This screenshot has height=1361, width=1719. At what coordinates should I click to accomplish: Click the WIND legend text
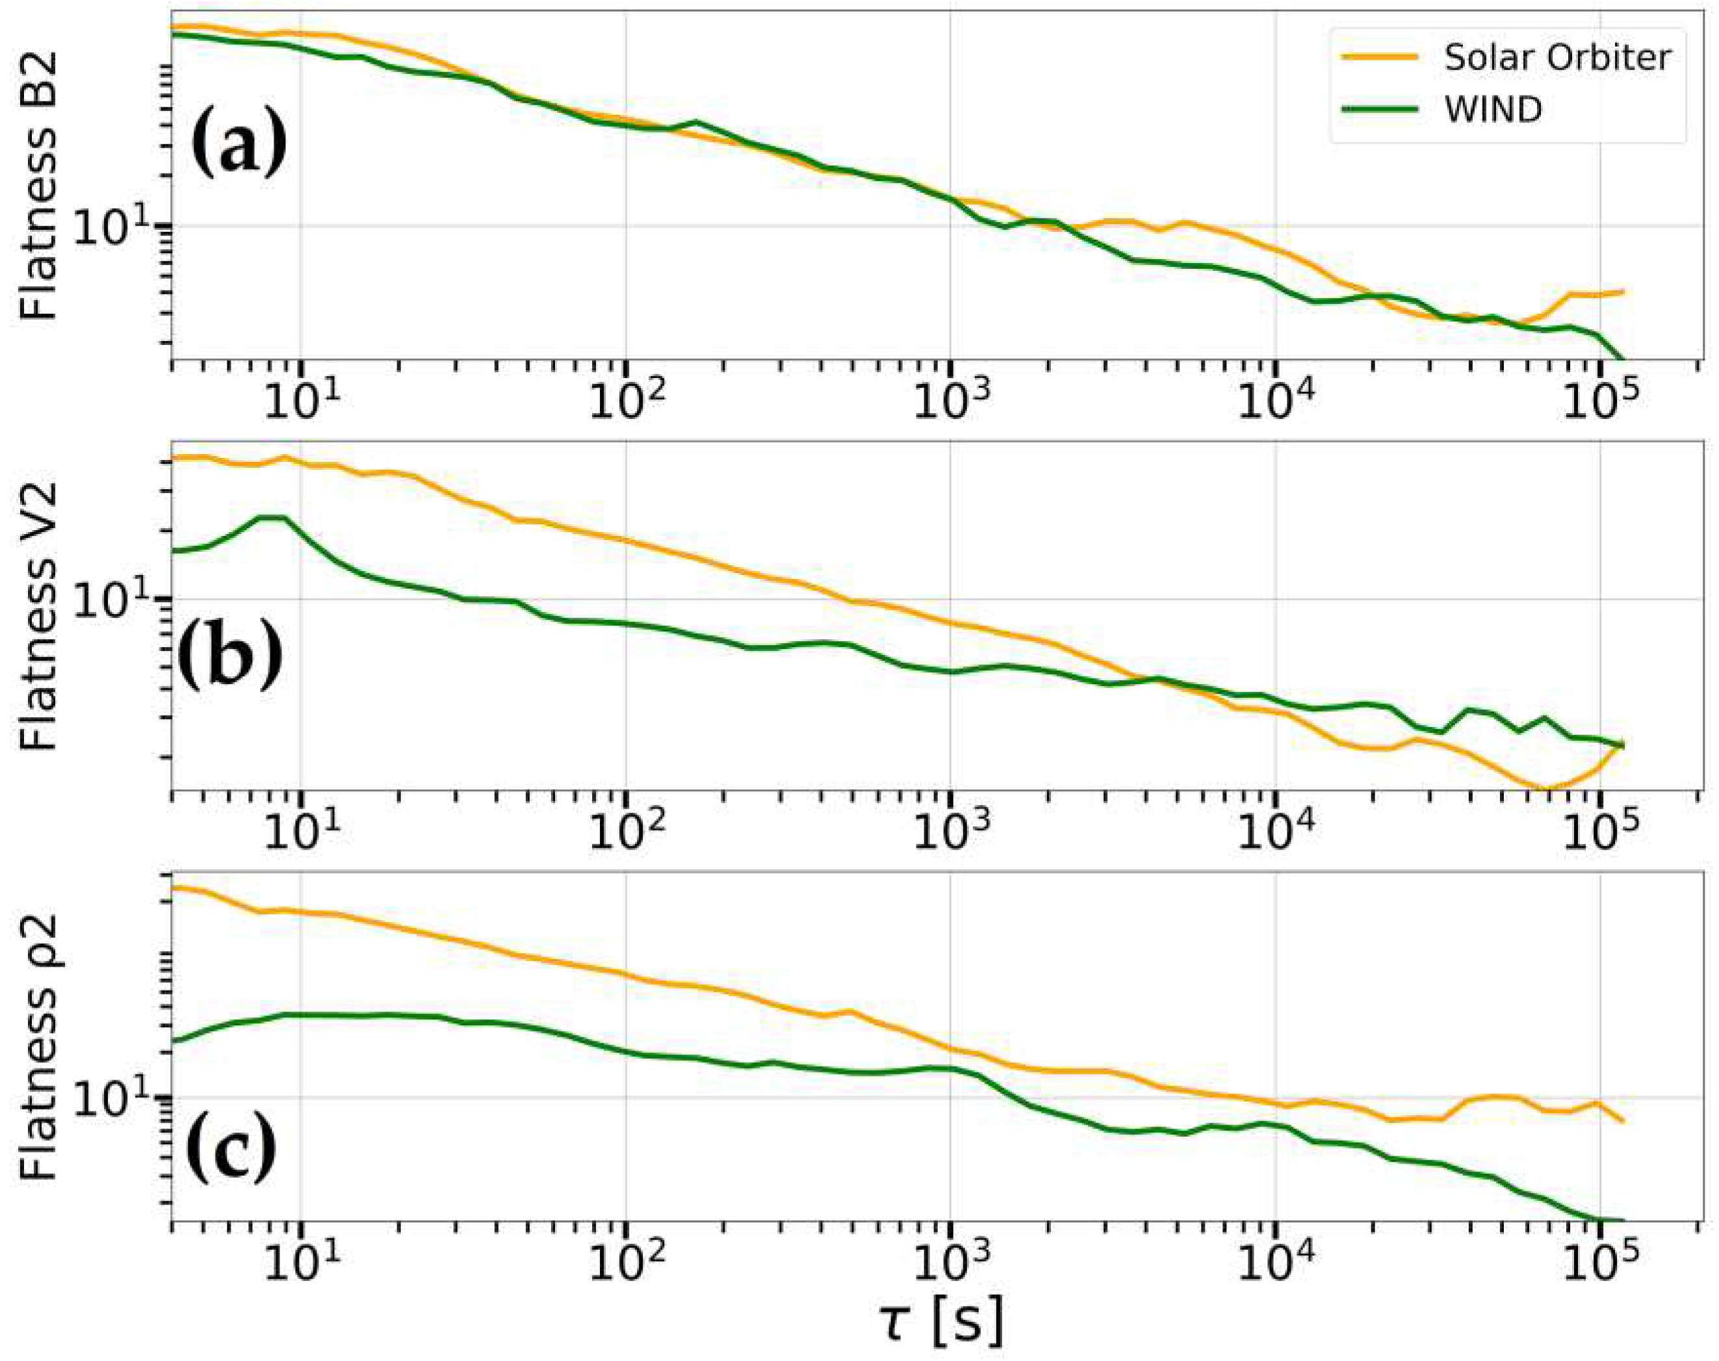[x=1493, y=110]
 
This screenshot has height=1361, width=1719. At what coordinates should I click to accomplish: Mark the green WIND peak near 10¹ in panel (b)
[x=271, y=518]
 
